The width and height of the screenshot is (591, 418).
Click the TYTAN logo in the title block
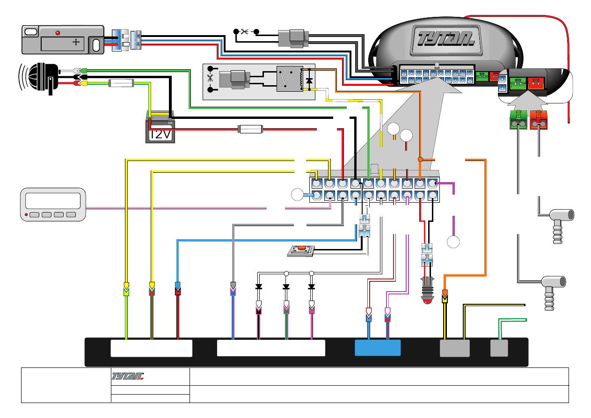[x=127, y=376]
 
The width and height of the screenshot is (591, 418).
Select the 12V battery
[x=160, y=129]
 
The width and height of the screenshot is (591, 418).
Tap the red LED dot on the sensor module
[x=58, y=33]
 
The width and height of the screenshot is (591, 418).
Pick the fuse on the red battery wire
[x=251, y=129]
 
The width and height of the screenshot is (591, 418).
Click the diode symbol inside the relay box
[x=308, y=81]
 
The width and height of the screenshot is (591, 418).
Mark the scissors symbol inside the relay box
[x=210, y=79]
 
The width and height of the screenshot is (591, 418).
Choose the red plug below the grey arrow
[x=539, y=120]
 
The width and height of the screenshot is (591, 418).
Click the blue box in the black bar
[x=378, y=348]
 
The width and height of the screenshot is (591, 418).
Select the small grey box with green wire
[x=499, y=348]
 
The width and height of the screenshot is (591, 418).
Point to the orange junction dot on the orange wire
[x=420, y=160]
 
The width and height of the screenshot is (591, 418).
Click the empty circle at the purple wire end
[x=453, y=242]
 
